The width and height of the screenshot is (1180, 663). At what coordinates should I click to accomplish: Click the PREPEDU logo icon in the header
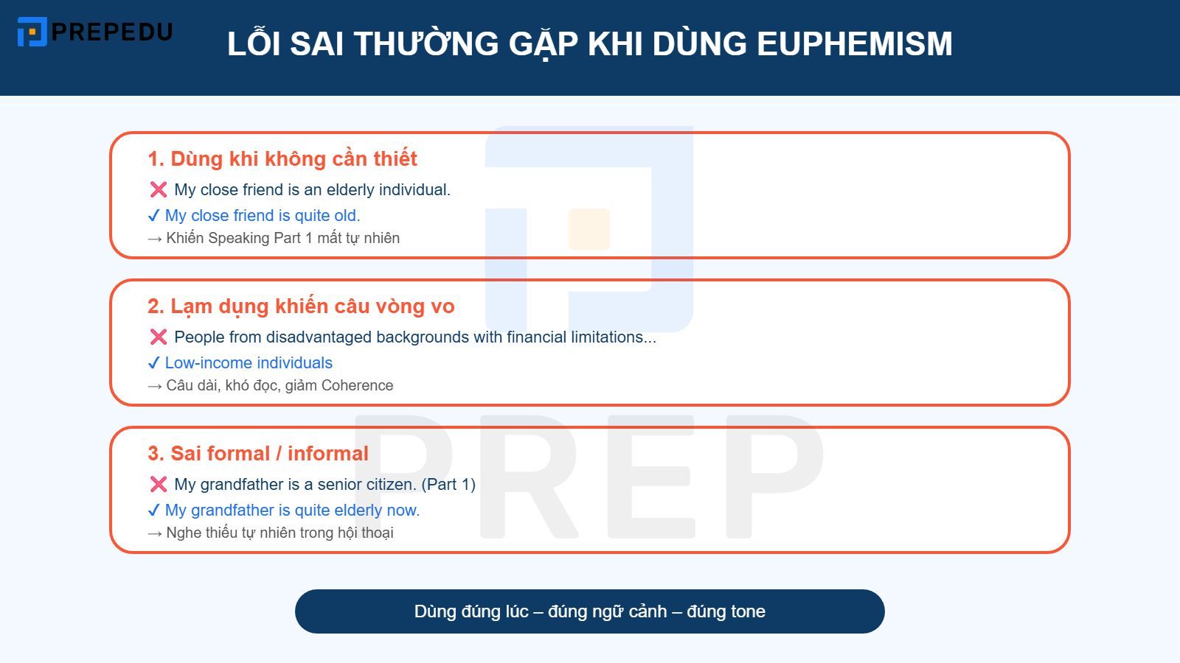point(32,32)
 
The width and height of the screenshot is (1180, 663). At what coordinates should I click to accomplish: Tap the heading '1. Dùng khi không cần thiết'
point(282,159)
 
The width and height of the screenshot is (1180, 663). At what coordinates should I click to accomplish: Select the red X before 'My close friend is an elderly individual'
point(158,190)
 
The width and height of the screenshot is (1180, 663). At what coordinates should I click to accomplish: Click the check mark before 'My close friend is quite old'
point(153,216)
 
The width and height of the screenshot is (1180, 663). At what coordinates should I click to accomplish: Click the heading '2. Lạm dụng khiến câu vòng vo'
point(301,306)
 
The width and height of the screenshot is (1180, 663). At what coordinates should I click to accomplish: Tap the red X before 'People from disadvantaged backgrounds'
point(158,337)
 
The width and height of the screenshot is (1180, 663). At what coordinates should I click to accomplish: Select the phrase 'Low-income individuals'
point(249,363)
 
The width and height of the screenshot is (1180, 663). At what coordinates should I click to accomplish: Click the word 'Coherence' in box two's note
point(357,385)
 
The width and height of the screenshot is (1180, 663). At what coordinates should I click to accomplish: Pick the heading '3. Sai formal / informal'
point(258,454)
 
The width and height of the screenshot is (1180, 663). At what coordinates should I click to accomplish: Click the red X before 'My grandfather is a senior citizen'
point(158,485)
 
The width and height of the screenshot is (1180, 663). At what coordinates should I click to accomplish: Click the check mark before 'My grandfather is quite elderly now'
point(153,511)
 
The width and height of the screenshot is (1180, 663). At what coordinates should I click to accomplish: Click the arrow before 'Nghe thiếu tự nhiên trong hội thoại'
point(154,533)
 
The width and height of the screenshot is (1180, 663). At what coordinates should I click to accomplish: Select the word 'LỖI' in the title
point(254,44)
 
